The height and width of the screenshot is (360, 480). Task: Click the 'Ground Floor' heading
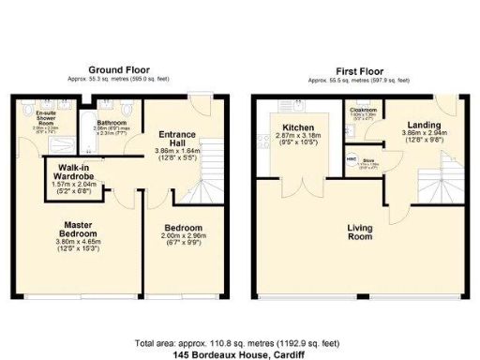point(119,70)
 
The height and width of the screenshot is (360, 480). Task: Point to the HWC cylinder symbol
point(350,160)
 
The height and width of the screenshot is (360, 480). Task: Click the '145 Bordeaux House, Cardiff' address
point(239,354)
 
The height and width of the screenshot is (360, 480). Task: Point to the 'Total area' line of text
point(239,343)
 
